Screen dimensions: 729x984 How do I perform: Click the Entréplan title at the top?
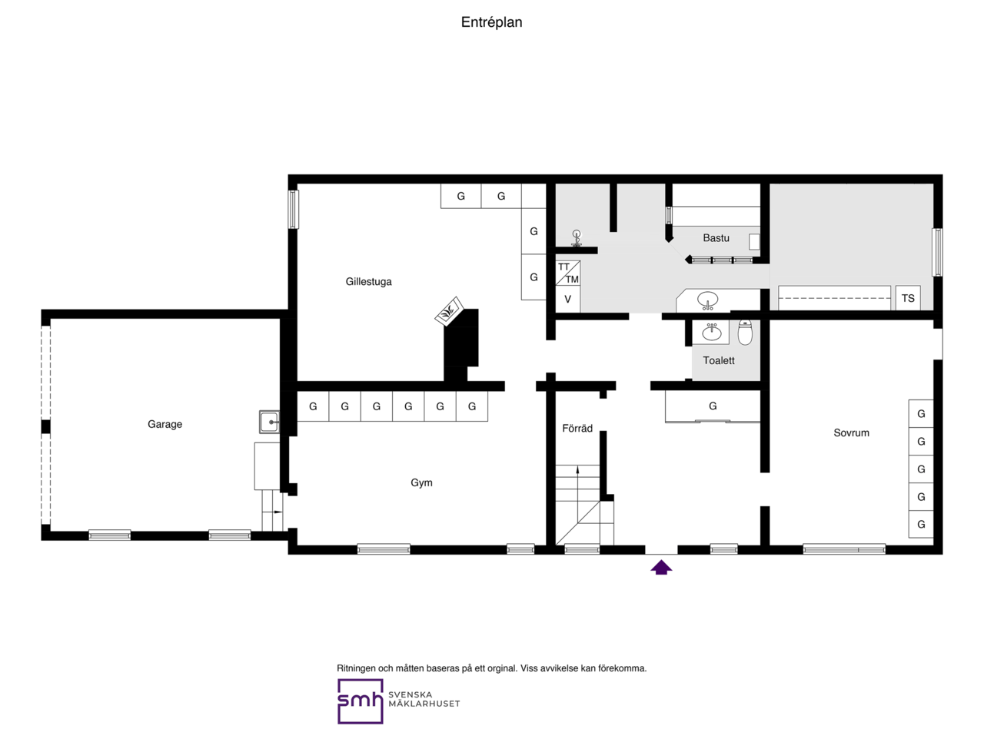[x=491, y=22]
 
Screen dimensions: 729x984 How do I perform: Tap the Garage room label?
[x=165, y=424]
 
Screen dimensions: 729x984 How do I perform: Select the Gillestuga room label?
[x=368, y=282]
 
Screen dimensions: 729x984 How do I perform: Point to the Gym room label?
[x=421, y=483]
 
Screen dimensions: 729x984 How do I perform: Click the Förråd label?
[x=577, y=429]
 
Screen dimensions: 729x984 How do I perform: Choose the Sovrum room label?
[x=851, y=432]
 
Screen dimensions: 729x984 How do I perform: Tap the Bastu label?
[x=715, y=238]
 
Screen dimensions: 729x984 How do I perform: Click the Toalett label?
[x=719, y=360]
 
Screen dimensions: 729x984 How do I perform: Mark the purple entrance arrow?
[x=661, y=568]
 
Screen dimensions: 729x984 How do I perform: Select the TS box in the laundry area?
[x=908, y=298]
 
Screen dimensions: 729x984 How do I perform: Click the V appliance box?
[x=567, y=300]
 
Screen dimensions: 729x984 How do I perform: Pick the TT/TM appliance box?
[x=567, y=273]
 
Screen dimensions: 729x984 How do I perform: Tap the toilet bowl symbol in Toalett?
[x=745, y=333]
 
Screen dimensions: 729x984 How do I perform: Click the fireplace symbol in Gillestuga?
[x=447, y=313]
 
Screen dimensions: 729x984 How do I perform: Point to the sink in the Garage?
[x=269, y=422]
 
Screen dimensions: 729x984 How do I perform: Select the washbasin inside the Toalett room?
[x=712, y=333]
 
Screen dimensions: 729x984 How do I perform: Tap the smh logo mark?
[x=360, y=701]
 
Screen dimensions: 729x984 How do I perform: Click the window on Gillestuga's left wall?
[x=293, y=209]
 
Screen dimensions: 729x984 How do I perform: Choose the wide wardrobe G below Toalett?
[x=713, y=406]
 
